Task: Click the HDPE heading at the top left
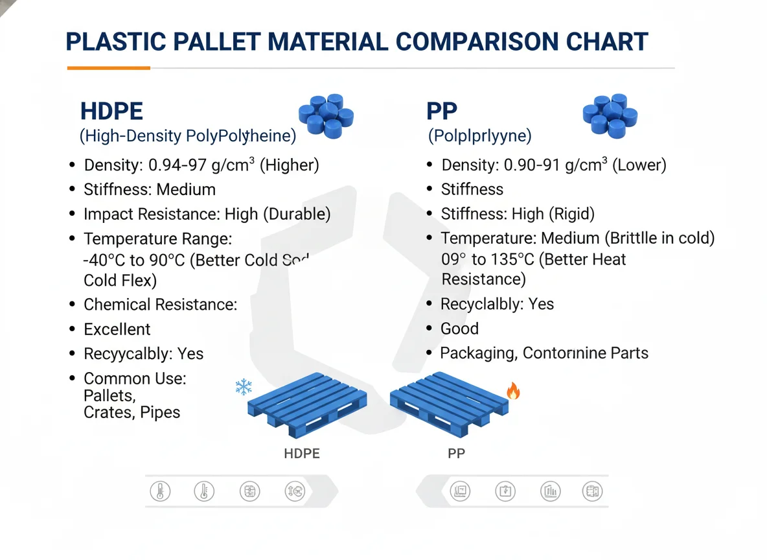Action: (x=111, y=111)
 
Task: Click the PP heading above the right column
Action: (x=442, y=111)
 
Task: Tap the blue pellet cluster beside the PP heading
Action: (x=611, y=115)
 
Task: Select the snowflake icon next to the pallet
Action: (x=244, y=387)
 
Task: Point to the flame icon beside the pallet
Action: (x=513, y=391)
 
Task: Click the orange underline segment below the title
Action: (x=109, y=67)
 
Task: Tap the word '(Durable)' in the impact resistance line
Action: (x=299, y=215)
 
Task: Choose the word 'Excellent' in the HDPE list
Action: (x=117, y=329)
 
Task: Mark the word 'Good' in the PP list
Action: (x=459, y=329)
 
